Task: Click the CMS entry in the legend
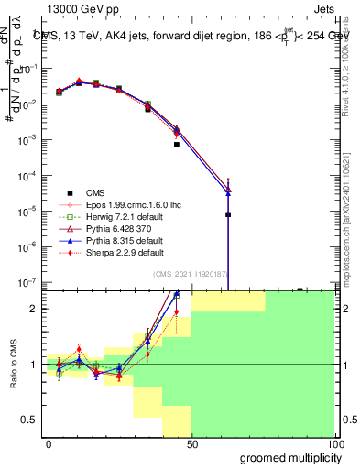pyautogui.click(x=95, y=192)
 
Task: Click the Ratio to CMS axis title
pyautogui.click(x=13, y=365)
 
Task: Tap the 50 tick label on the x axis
pyautogui.click(x=191, y=443)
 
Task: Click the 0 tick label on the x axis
pyautogui.click(x=49, y=443)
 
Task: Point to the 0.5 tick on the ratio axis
pyautogui.click(x=31, y=420)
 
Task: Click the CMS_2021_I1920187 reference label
pyautogui.click(x=191, y=275)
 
